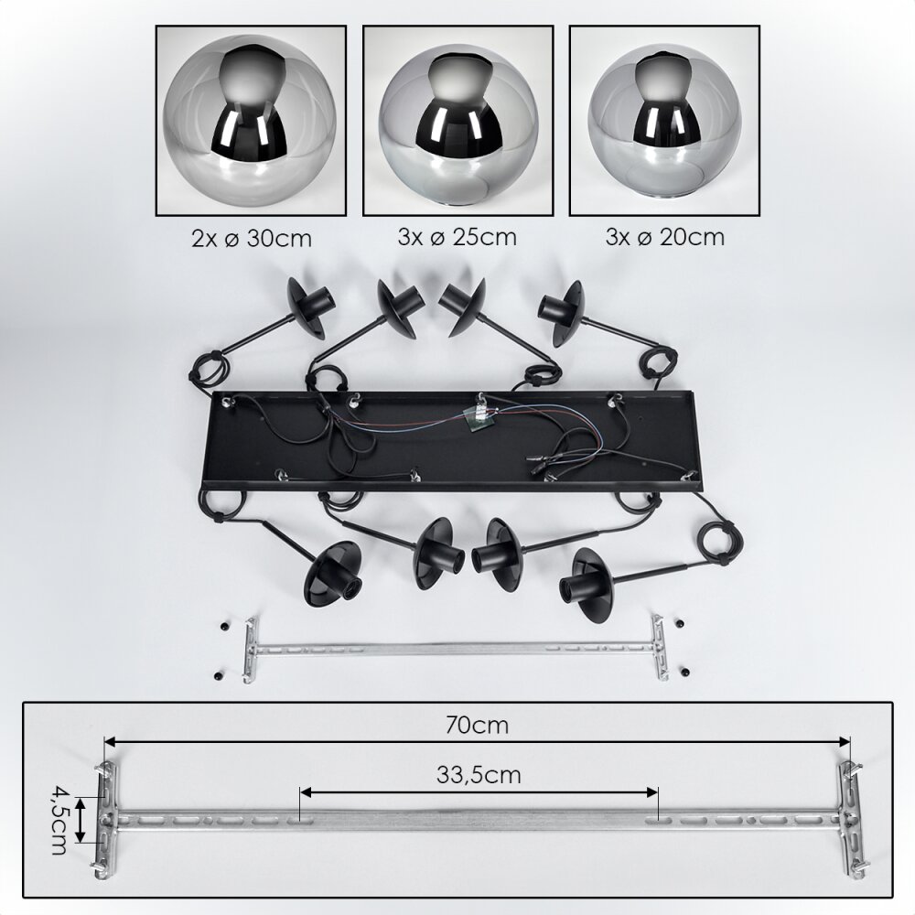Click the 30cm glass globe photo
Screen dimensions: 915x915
[x=251, y=120]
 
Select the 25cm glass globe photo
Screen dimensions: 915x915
[x=458, y=120]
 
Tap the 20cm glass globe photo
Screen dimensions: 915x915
[x=664, y=120]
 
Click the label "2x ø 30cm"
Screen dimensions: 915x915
[x=252, y=238]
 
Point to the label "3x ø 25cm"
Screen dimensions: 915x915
[x=457, y=237]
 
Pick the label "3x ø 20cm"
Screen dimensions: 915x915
[x=664, y=237]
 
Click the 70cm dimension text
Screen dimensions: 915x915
[x=477, y=725]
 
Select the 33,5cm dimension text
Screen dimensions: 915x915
[x=479, y=774]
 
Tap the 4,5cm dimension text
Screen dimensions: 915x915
[x=59, y=820]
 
